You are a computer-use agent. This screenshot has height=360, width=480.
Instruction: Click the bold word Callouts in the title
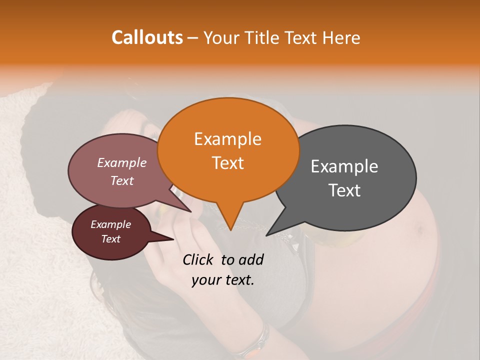pos(147,37)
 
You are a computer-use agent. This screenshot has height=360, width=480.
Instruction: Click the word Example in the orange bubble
pos(227,139)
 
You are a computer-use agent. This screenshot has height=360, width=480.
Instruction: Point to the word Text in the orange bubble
pos(227,162)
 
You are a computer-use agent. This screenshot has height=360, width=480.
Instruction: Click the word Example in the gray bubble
pos(344,167)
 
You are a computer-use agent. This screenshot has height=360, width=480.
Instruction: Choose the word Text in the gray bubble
pos(344,190)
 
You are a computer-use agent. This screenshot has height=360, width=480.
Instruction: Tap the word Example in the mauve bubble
pos(121,163)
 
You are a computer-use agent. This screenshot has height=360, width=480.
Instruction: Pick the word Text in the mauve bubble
pos(121,180)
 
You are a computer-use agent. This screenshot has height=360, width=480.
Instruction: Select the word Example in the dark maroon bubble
pos(110,224)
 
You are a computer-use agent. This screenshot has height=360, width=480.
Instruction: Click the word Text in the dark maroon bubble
pos(110,238)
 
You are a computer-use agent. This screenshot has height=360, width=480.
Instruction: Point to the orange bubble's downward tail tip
pos(230,230)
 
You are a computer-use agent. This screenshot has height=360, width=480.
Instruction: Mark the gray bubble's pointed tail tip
pos(266,235)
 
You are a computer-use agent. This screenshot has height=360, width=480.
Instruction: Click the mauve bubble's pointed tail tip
pos(191,211)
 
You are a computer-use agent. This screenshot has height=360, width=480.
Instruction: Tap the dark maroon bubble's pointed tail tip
pos(173,239)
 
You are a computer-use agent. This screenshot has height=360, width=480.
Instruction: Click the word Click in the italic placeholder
pos(199,259)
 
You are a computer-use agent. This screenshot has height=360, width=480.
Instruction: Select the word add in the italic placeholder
pos(250,259)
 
